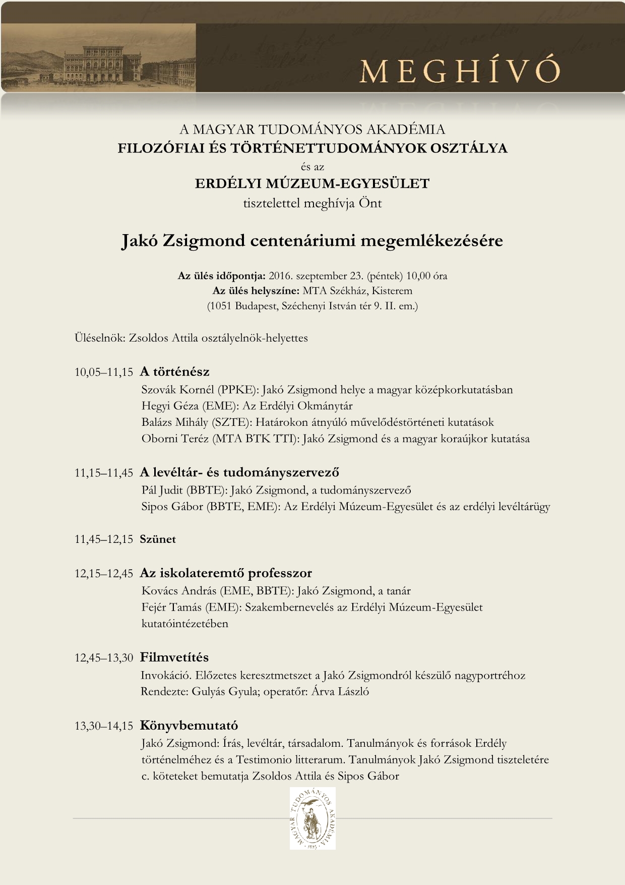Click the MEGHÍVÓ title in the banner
click(x=459, y=71)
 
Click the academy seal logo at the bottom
click(x=312, y=818)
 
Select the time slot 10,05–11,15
click(x=104, y=372)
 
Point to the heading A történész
click(x=174, y=372)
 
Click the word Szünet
click(x=158, y=539)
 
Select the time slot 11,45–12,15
click(x=104, y=539)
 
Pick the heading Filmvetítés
click(x=174, y=657)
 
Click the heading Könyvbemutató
click(x=189, y=726)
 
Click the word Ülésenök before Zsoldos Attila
click(x=100, y=338)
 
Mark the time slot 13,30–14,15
click(x=104, y=726)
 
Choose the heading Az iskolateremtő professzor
click(x=226, y=573)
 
